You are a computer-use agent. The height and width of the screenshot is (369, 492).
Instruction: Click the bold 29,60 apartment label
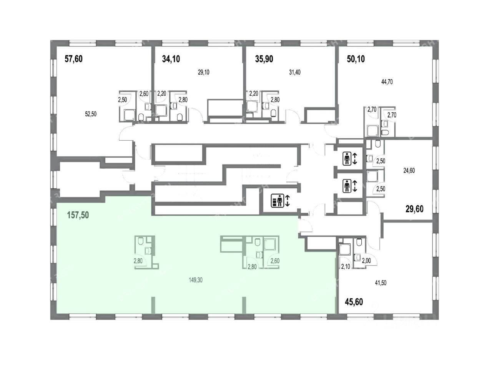click(x=415, y=209)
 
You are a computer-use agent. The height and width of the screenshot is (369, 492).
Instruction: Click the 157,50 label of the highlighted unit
click(x=78, y=215)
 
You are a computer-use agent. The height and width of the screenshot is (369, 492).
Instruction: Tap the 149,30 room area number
click(x=195, y=280)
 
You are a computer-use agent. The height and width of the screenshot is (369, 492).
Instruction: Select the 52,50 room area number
click(x=91, y=113)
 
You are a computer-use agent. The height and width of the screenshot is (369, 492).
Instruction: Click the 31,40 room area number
click(x=296, y=72)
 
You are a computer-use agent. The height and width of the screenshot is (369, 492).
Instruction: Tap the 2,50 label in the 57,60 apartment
click(x=123, y=100)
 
